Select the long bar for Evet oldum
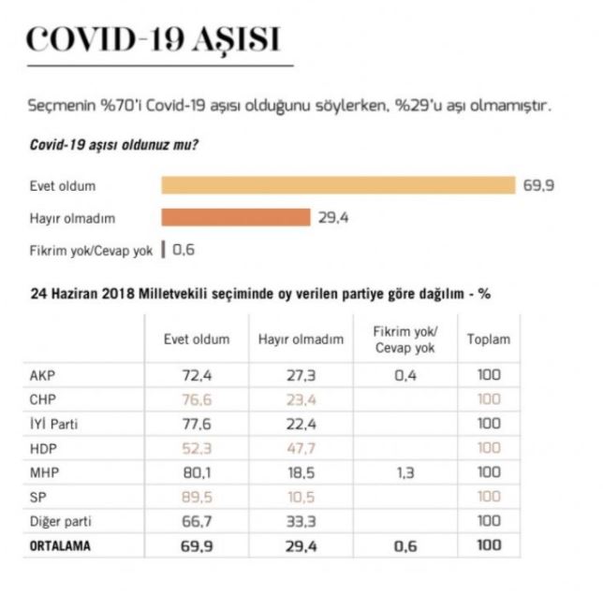[338, 184]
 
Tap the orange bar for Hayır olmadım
[235, 217]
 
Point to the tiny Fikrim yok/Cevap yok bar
[163, 250]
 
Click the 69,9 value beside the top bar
[538, 185]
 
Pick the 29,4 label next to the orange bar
[333, 217]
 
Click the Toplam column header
[489, 340]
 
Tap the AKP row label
[45, 375]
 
